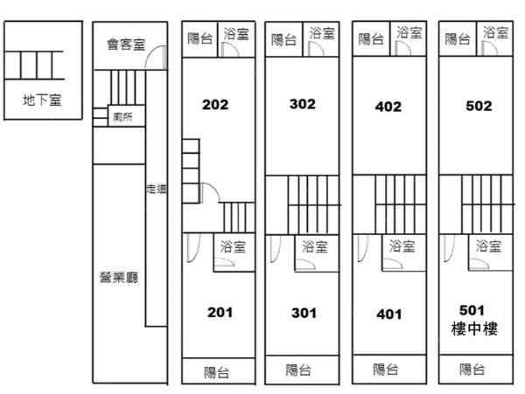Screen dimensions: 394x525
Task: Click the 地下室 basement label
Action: (42, 100)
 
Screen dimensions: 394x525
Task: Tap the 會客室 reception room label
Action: (126, 44)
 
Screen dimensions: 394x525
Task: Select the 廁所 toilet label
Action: (123, 117)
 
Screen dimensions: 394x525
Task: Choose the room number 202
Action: (214, 105)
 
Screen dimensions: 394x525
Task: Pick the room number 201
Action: (220, 312)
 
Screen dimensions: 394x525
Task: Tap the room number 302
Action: (302, 104)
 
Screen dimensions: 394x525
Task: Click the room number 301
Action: (304, 313)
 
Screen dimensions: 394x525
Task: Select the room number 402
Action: (388, 107)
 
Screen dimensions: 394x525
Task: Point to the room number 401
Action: (389, 314)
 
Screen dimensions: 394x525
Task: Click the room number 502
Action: (479, 106)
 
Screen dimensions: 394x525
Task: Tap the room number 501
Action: (471, 309)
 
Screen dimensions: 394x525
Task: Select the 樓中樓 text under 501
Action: (473, 329)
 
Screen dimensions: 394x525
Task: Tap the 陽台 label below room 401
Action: (386, 369)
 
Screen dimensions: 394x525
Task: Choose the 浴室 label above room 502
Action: (496, 33)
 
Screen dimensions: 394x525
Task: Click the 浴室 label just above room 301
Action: (315, 246)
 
